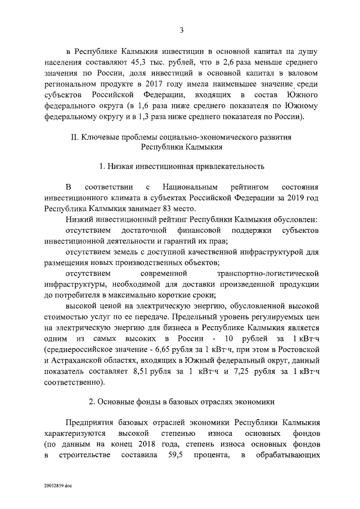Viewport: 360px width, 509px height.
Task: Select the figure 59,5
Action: [173, 454]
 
